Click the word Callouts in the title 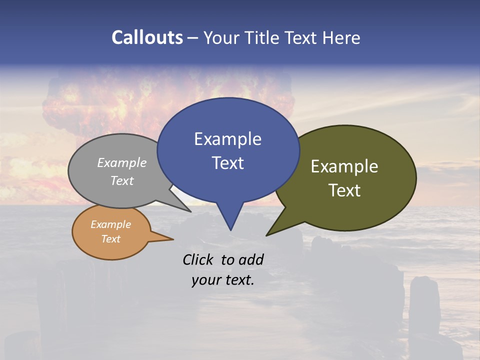point(147,37)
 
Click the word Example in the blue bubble point(227,139)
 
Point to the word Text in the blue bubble point(227,163)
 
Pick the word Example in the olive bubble point(344,166)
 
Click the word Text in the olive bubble point(344,190)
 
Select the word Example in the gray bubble point(122,162)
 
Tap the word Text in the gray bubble point(122,180)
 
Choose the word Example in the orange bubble point(110,224)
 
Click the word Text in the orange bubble point(110,239)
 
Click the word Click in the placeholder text point(199,259)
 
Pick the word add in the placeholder point(251,259)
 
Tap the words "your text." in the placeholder point(223,280)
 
